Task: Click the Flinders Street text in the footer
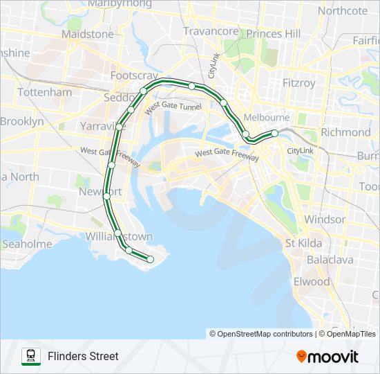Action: click(x=83, y=357)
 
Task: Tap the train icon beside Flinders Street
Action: click(x=31, y=356)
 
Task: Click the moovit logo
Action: click(x=327, y=357)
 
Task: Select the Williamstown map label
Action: click(x=119, y=236)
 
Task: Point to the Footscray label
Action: click(x=134, y=75)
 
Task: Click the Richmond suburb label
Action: click(x=345, y=132)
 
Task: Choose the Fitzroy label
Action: click(x=299, y=83)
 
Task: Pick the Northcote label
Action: click(x=343, y=10)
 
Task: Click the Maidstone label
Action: click(x=87, y=33)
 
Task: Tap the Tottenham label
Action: click(x=44, y=92)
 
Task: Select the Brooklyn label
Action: click(x=21, y=121)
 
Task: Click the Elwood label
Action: click(x=312, y=282)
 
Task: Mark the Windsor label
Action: click(x=325, y=220)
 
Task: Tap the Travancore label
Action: click(x=211, y=31)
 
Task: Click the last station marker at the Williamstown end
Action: click(x=151, y=259)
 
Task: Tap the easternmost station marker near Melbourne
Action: click(x=274, y=132)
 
